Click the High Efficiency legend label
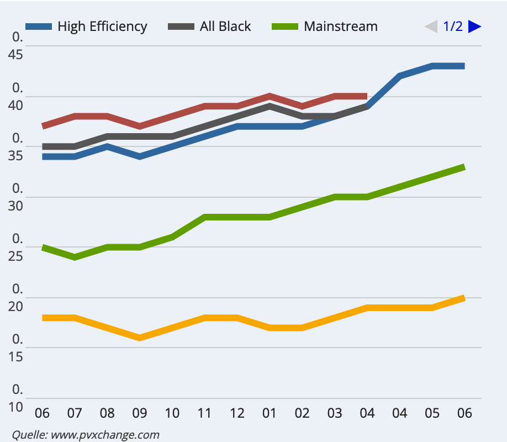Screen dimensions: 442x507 click(x=102, y=27)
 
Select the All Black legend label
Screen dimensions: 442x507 click(x=225, y=27)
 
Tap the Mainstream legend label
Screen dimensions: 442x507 click(x=340, y=27)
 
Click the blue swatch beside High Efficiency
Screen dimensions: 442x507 click(x=39, y=27)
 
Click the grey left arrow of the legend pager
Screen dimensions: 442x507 click(x=431, y=27)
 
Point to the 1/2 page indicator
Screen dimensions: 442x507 click(x=453, y=27)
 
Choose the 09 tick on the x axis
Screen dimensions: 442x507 click(x=139, y=413)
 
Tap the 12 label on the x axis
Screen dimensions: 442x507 click(x=237, y=413)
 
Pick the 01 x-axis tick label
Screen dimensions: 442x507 click(x=270, y=413)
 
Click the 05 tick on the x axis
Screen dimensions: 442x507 click(x=432, y=413)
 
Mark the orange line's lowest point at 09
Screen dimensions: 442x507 click(x=140, y=338)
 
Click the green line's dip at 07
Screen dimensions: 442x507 click(x=75, y=257)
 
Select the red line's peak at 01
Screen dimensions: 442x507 click(x=270, y=96)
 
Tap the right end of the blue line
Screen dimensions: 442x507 click(x=463, y=66)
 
